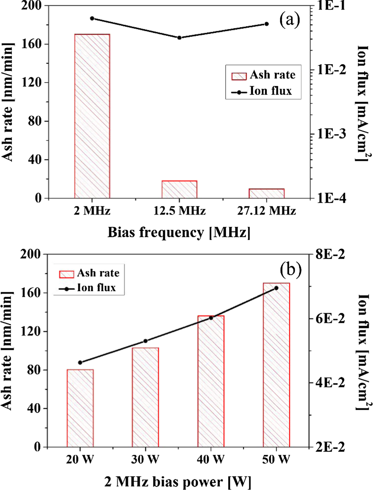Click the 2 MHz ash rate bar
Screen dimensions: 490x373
click(92, 116)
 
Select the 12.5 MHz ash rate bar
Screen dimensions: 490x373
click(179, 189)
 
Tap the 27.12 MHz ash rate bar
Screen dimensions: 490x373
click(266, 193)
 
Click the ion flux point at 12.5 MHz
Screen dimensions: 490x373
click(179, 38)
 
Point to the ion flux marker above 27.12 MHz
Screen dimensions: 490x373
click(266, 24)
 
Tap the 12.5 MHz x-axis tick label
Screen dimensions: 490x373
click(179, 211)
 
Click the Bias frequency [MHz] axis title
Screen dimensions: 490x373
click(179, 232)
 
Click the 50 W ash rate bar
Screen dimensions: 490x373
click(276, 365)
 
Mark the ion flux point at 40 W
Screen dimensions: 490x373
click(211, 317)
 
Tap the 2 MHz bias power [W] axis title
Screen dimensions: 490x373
click(178, 482)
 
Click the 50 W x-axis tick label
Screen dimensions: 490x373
click(276, 460)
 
